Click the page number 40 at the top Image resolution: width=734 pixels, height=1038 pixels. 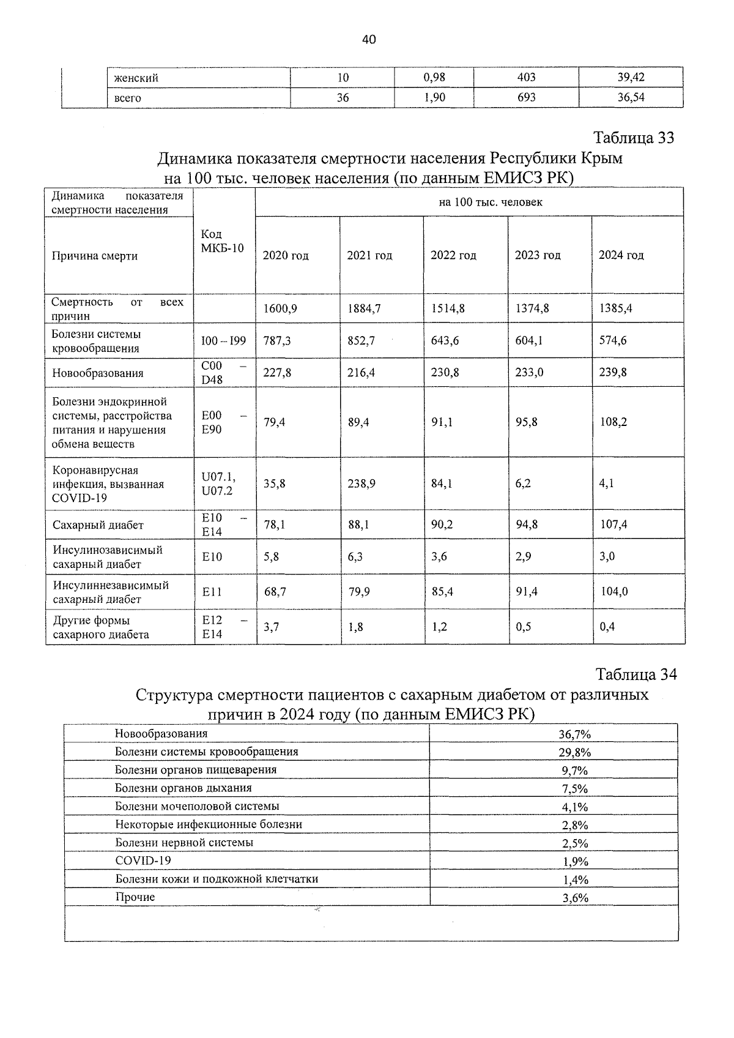coord(369,40)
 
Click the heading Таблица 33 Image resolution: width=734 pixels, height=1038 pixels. coord(634,138)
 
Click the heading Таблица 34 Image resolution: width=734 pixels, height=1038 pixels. coord(636,674)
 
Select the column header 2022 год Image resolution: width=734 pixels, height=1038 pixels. coord(453,255)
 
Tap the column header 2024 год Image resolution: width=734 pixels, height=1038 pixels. coord(621,255)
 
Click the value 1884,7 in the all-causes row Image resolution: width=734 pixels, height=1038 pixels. coord(364,308)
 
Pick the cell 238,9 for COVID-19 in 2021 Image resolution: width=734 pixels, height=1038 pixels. coord(361,484)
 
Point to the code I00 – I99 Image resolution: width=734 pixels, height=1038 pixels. coord(223,341)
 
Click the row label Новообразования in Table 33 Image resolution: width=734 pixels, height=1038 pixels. coord(98,373)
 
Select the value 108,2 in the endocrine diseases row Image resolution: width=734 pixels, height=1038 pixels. coord(614,422)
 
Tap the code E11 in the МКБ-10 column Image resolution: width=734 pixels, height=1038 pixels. coord(212,592)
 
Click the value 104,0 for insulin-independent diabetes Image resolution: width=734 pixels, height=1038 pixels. coord(614,592)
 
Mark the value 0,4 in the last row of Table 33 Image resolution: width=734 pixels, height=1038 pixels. coord(607,627)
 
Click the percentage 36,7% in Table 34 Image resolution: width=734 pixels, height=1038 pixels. coord(574,734)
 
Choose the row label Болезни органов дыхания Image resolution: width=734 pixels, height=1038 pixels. coord(183,788)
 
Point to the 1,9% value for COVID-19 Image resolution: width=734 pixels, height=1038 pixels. coord(574,862)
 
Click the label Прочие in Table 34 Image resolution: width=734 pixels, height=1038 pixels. coord(135,897)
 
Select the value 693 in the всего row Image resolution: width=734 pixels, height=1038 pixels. coord(525,98)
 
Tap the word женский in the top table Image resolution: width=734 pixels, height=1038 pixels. coord(136,78)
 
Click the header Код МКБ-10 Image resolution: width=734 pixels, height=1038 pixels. coord(222,241)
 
